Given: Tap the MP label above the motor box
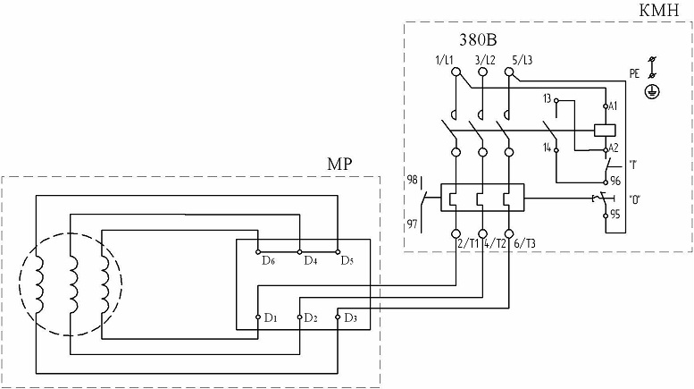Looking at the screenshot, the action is tap(339, 164).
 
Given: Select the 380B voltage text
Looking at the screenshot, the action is tap(478, 40).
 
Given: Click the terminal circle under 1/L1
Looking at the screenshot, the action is tap(456, 72).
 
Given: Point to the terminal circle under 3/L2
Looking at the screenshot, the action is tap(482, 72).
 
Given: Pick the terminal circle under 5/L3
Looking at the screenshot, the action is tap(509, 72).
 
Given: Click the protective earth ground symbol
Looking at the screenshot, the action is tap(651, 92).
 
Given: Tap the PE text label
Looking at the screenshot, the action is tap(634, 73).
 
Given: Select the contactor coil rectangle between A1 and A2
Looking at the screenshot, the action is tap(605, 130).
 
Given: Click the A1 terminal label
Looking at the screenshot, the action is tap(613, 106).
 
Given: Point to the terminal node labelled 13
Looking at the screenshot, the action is tap(556, 100).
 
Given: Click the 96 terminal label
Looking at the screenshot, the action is tap(615, 182).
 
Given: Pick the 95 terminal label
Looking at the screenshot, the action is tap(615, 215).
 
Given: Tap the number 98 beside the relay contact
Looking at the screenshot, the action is tap(412, 180).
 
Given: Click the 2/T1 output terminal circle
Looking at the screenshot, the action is tap(456, 233).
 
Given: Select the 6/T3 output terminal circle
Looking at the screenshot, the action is tap(509, 233).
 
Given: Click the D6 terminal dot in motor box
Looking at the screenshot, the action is tap(257, 251).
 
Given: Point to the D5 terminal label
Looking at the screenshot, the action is tap(347, 260).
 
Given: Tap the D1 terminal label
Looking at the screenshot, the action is tap(271, 317).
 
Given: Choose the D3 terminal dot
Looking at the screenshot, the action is tap(338, 317).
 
